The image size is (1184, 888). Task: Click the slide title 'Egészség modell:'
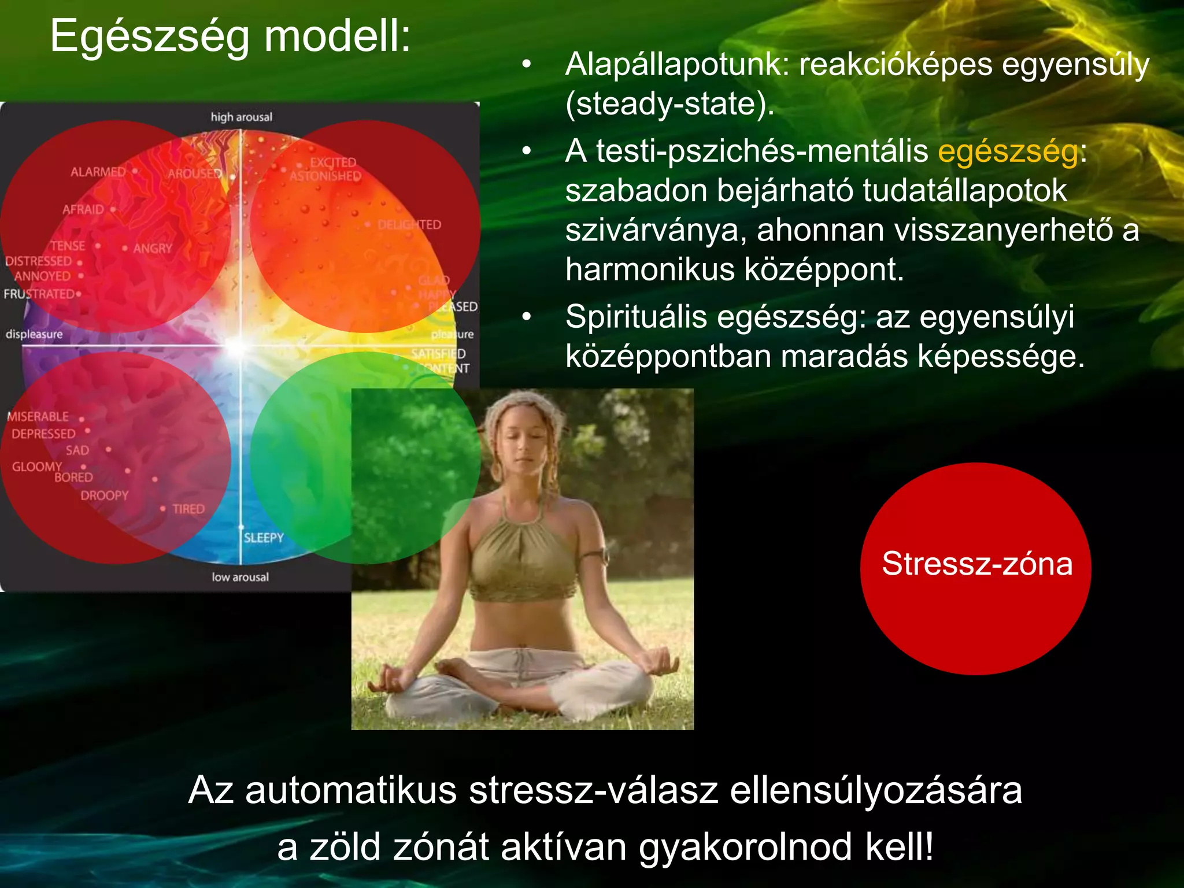coord(230,36)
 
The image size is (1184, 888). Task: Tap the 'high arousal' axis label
coord(241,117)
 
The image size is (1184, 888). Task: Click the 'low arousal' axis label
coord(240,577)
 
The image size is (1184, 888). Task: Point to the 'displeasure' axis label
coord(34,334)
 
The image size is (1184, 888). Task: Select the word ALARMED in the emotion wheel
coord(98,172)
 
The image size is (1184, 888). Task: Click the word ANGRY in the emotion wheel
coord(153,249)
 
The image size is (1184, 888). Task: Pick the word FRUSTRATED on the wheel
coord(39,294)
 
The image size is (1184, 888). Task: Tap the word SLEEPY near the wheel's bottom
coord(264,538)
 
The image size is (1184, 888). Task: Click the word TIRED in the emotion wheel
coord(188,509)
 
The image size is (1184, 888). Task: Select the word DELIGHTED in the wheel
coord(409,225)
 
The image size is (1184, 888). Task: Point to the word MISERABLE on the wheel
coord(38,417)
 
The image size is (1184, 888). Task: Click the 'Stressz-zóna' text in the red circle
coord(976,564)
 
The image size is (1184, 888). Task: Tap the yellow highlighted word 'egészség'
coord(1008,151)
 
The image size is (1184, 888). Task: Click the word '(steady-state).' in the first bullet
coord(669,104)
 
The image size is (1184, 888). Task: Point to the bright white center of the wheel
coord(238,346)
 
